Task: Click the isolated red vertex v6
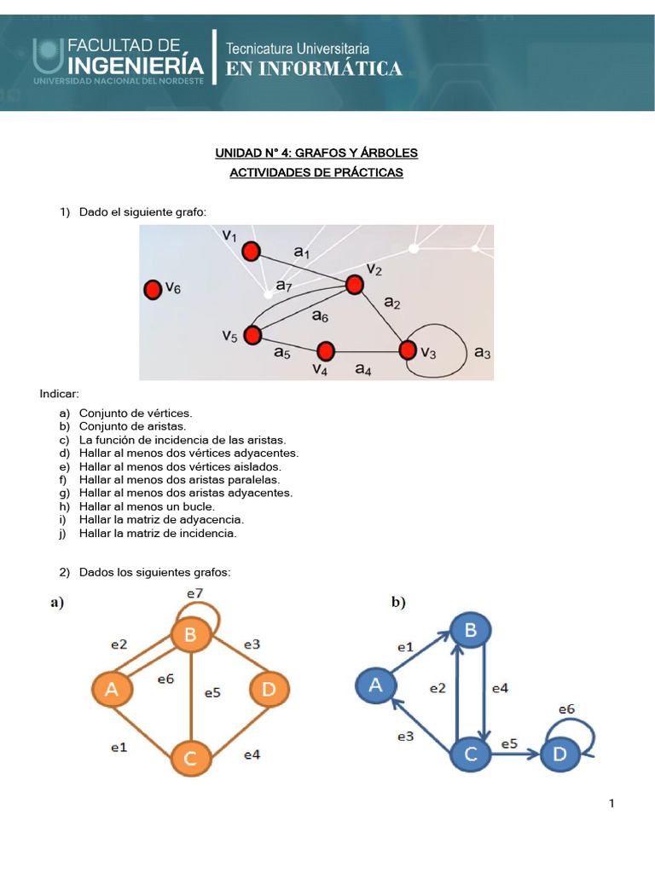click(x=153, y=291)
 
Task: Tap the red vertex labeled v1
click(x=251, y=251)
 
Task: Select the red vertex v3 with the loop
click(x=408, y=350)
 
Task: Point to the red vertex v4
click(x=325, y=350)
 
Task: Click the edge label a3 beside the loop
click(x=482, y=352)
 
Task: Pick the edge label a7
click(x=283, y=288)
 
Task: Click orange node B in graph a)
click(x=190, y=634)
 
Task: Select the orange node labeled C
click(x=190, y=759)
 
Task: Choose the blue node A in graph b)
click(x=374, y=684)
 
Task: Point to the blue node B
click(x=470, y=631)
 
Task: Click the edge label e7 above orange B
click(x=194, y=593)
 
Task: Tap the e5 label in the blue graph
click(x=509, y=743)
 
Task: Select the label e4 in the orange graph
click(x=252, y=754)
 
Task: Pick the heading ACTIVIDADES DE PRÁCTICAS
click(x=316, y=173)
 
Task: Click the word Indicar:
click(x=59, y=394)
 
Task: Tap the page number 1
click(x=612, y=803)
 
